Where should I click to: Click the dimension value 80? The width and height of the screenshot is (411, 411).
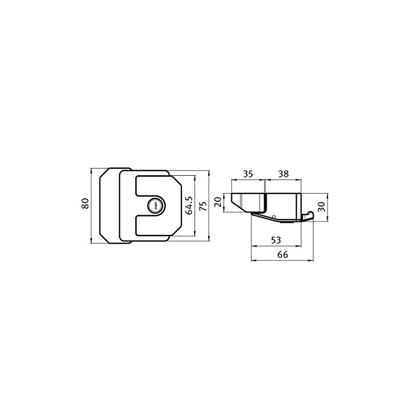point(85,203)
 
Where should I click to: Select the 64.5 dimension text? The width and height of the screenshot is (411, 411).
point(189,206)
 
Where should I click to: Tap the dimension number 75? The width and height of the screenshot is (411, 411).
point(203,206)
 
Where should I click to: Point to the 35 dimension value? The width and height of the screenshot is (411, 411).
point(248,174)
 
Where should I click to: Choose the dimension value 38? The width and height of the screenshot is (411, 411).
point(284,174)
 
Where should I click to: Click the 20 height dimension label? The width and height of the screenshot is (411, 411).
point(218,202)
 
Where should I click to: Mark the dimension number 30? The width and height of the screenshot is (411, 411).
point(321,207)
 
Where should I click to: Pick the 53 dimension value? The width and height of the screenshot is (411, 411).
point(276,240)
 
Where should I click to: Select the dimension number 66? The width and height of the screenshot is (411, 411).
point(283,254)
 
